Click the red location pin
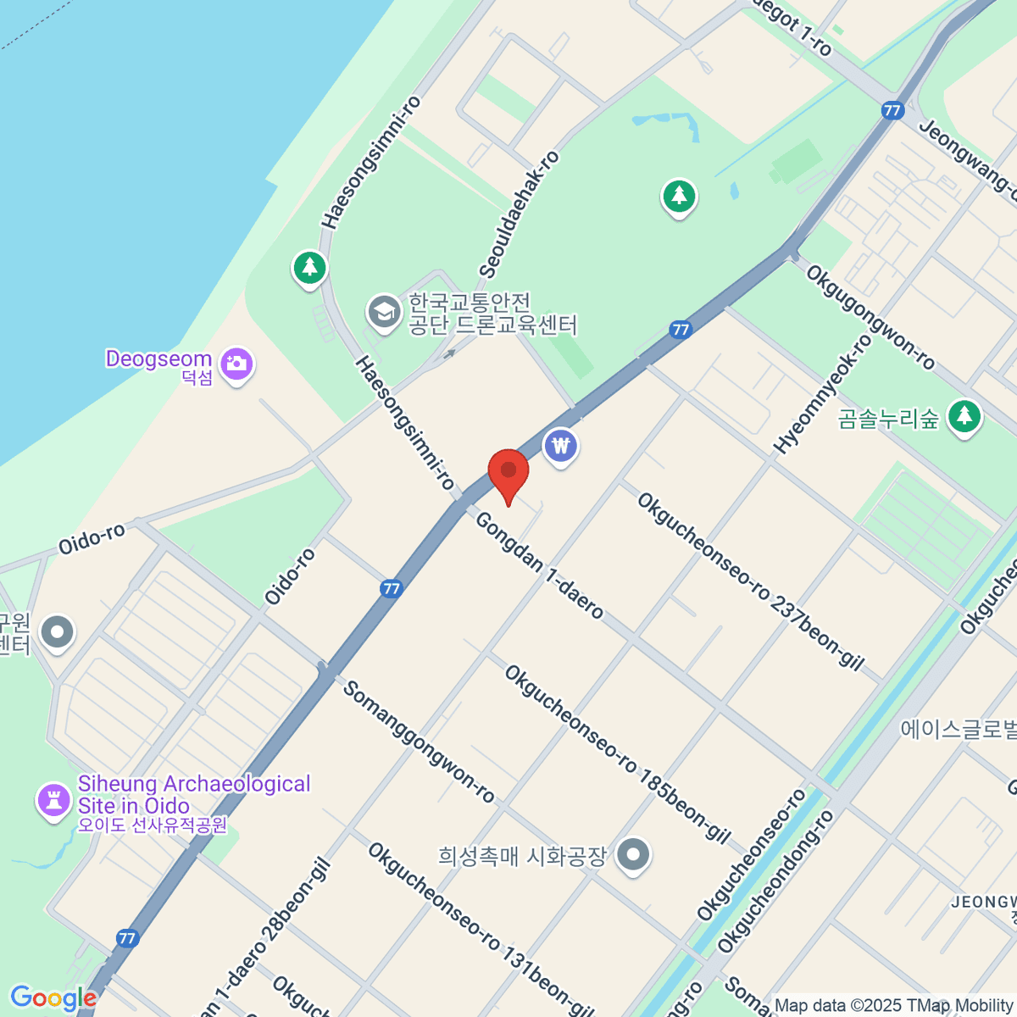[508, 472]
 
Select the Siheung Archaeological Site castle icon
[53, 799]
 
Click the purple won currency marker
[560, 444]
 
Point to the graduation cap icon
[384, 311]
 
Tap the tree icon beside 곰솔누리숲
[964, 416]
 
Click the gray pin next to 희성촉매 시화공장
[633, 854]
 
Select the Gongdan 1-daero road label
[539, 565]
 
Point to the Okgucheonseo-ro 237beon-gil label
[750, 581]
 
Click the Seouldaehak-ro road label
[519, 214]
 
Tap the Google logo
[53, 998]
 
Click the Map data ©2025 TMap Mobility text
[894, 1006]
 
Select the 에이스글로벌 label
[959, 729]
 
